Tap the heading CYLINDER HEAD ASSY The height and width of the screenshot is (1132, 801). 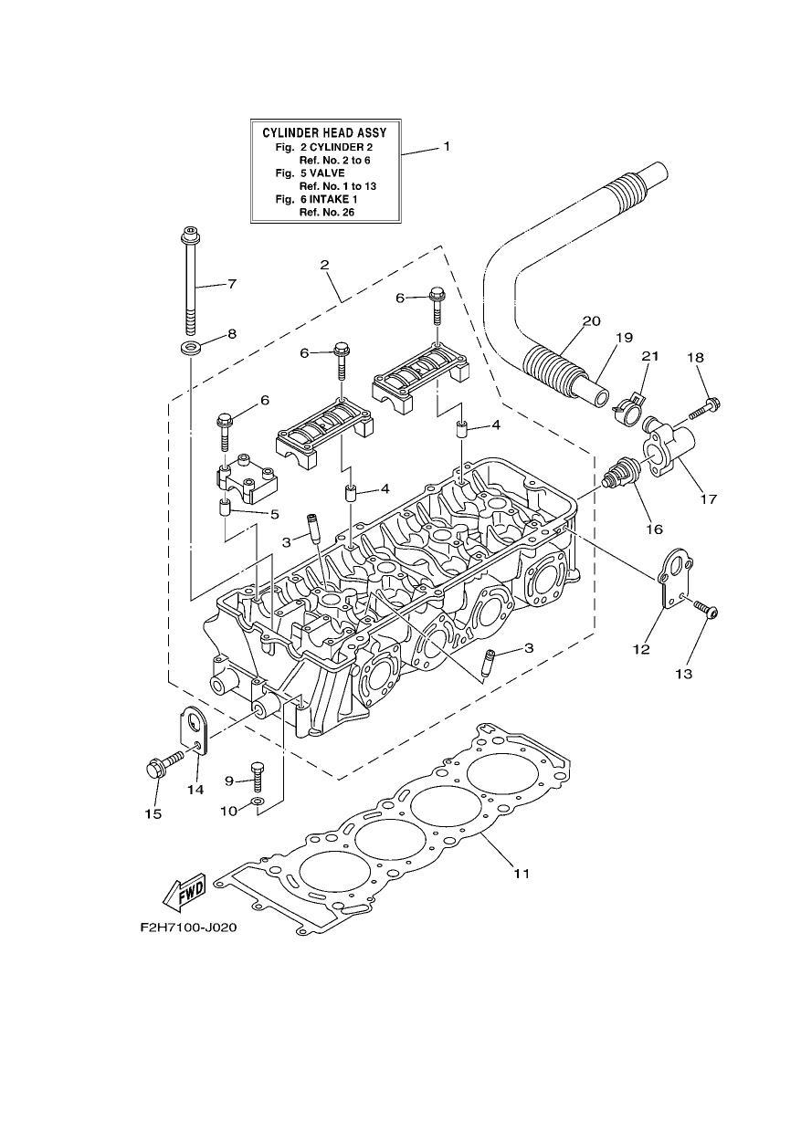[x=324, y=133]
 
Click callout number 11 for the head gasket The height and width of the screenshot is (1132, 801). [x=522, y=873]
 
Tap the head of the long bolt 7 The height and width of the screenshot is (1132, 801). [x=190, y=235]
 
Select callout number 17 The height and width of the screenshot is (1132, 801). [x=709, y=499]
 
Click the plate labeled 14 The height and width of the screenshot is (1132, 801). [x=194, y=730]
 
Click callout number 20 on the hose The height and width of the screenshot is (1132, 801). [x=591, y=321]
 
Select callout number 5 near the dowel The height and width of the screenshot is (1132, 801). [x=275, y=515]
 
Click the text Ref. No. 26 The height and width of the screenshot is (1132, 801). [x=327, y=212]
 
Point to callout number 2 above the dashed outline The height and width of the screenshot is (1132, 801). [x=324, y=265]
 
